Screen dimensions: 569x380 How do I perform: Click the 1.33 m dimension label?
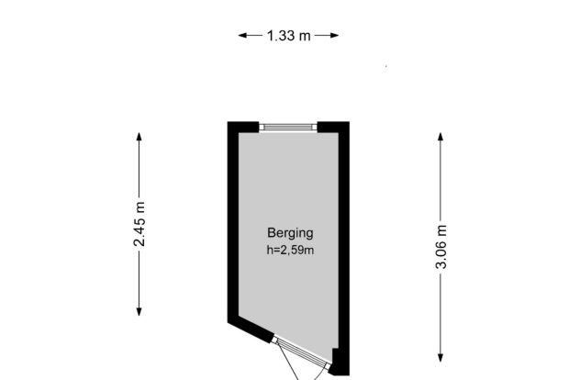(x=288, y=36)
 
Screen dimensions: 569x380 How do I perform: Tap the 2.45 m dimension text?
(x=139, y=224)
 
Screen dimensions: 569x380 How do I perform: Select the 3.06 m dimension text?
(x=441, y=246)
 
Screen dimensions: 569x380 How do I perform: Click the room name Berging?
(x=290, y=233)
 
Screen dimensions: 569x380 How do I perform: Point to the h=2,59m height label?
(x=290, y=250)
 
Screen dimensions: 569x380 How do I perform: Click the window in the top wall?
(x=288, y=127)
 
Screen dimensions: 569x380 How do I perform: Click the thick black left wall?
(x=233, y=222)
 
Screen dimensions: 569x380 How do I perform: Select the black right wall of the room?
(x=344, y=248)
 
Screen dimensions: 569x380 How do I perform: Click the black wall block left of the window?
(x=243, y=127)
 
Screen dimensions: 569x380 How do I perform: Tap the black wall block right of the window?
(x=333, y=127)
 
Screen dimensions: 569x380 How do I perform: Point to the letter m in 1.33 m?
(x=305, y=37)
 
